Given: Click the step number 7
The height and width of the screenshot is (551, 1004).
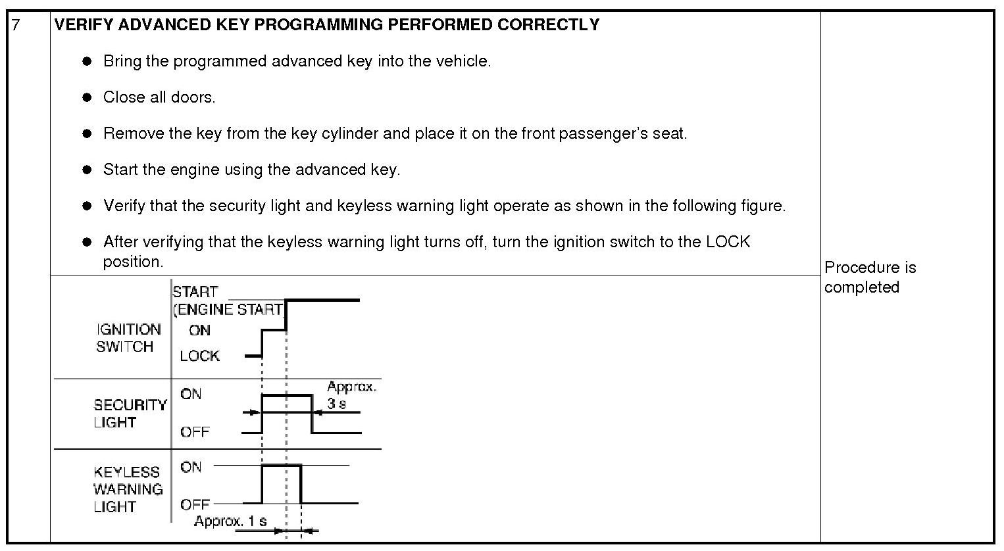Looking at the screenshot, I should (x=16, y=25).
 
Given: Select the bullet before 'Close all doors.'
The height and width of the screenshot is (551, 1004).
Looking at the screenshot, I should (x=87, y=97).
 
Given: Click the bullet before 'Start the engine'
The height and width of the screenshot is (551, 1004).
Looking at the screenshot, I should (x=87, y=170).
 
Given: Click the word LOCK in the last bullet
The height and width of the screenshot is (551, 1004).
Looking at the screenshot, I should (x=728, y=242).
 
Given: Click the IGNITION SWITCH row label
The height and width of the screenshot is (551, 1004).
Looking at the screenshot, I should (x=128, y=338).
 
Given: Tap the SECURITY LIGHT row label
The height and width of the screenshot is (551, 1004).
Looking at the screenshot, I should (x=130, y=414).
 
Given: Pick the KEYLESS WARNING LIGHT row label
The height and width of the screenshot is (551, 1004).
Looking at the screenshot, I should (x=128, y=489).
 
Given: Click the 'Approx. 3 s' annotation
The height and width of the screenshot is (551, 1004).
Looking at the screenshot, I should (x=351, y=395).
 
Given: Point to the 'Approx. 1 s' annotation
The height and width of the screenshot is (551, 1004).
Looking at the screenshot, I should (x=230, y=521).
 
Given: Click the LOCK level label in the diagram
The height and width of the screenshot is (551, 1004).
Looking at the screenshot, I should (x=199, y=356).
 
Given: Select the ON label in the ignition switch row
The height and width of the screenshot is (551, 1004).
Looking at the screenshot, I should (x=199, y=330).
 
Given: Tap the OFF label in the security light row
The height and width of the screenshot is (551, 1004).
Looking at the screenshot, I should (x=195, y=432).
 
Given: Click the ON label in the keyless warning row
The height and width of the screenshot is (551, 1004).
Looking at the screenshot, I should (x=191, y=467).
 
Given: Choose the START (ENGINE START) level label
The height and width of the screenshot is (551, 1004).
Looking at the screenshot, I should (x=227, y=300).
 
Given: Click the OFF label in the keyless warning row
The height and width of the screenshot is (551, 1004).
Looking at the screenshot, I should (x=195, y=504).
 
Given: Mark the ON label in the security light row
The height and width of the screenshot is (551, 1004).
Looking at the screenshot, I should (x=191, y=394).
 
